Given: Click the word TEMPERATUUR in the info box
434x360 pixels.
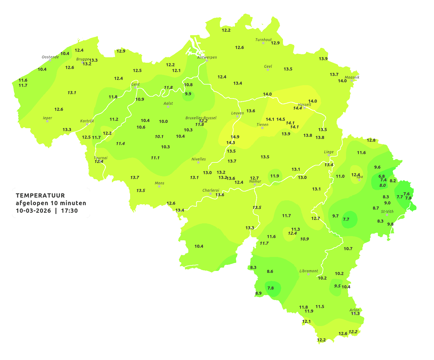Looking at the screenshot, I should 40,195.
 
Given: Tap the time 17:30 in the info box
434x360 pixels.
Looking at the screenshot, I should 69,211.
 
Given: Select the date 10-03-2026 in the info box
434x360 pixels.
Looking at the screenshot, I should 33,211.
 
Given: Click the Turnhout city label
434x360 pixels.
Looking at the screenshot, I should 263,40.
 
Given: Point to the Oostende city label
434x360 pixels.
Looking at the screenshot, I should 50,57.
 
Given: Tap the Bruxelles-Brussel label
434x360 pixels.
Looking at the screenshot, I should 201,118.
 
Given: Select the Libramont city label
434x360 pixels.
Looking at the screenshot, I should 308,271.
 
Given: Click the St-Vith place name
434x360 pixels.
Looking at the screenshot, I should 387,212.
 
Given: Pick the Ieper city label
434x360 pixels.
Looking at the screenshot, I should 47,118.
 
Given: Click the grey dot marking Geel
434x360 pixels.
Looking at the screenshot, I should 268,70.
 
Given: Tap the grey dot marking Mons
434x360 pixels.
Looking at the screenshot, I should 159,186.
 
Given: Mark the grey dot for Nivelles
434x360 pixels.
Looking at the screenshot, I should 198,162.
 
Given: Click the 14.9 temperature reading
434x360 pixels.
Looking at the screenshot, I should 235,137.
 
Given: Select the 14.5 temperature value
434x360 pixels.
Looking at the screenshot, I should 281,119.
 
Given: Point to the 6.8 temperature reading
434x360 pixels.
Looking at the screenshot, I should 382,176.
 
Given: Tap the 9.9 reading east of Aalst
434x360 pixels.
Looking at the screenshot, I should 188,94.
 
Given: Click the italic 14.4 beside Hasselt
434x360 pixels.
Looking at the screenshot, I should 297,108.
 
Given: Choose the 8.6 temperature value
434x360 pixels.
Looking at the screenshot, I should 270,272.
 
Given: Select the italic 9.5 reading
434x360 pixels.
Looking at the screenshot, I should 337,286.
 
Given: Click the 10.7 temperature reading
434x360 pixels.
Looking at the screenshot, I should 348,249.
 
